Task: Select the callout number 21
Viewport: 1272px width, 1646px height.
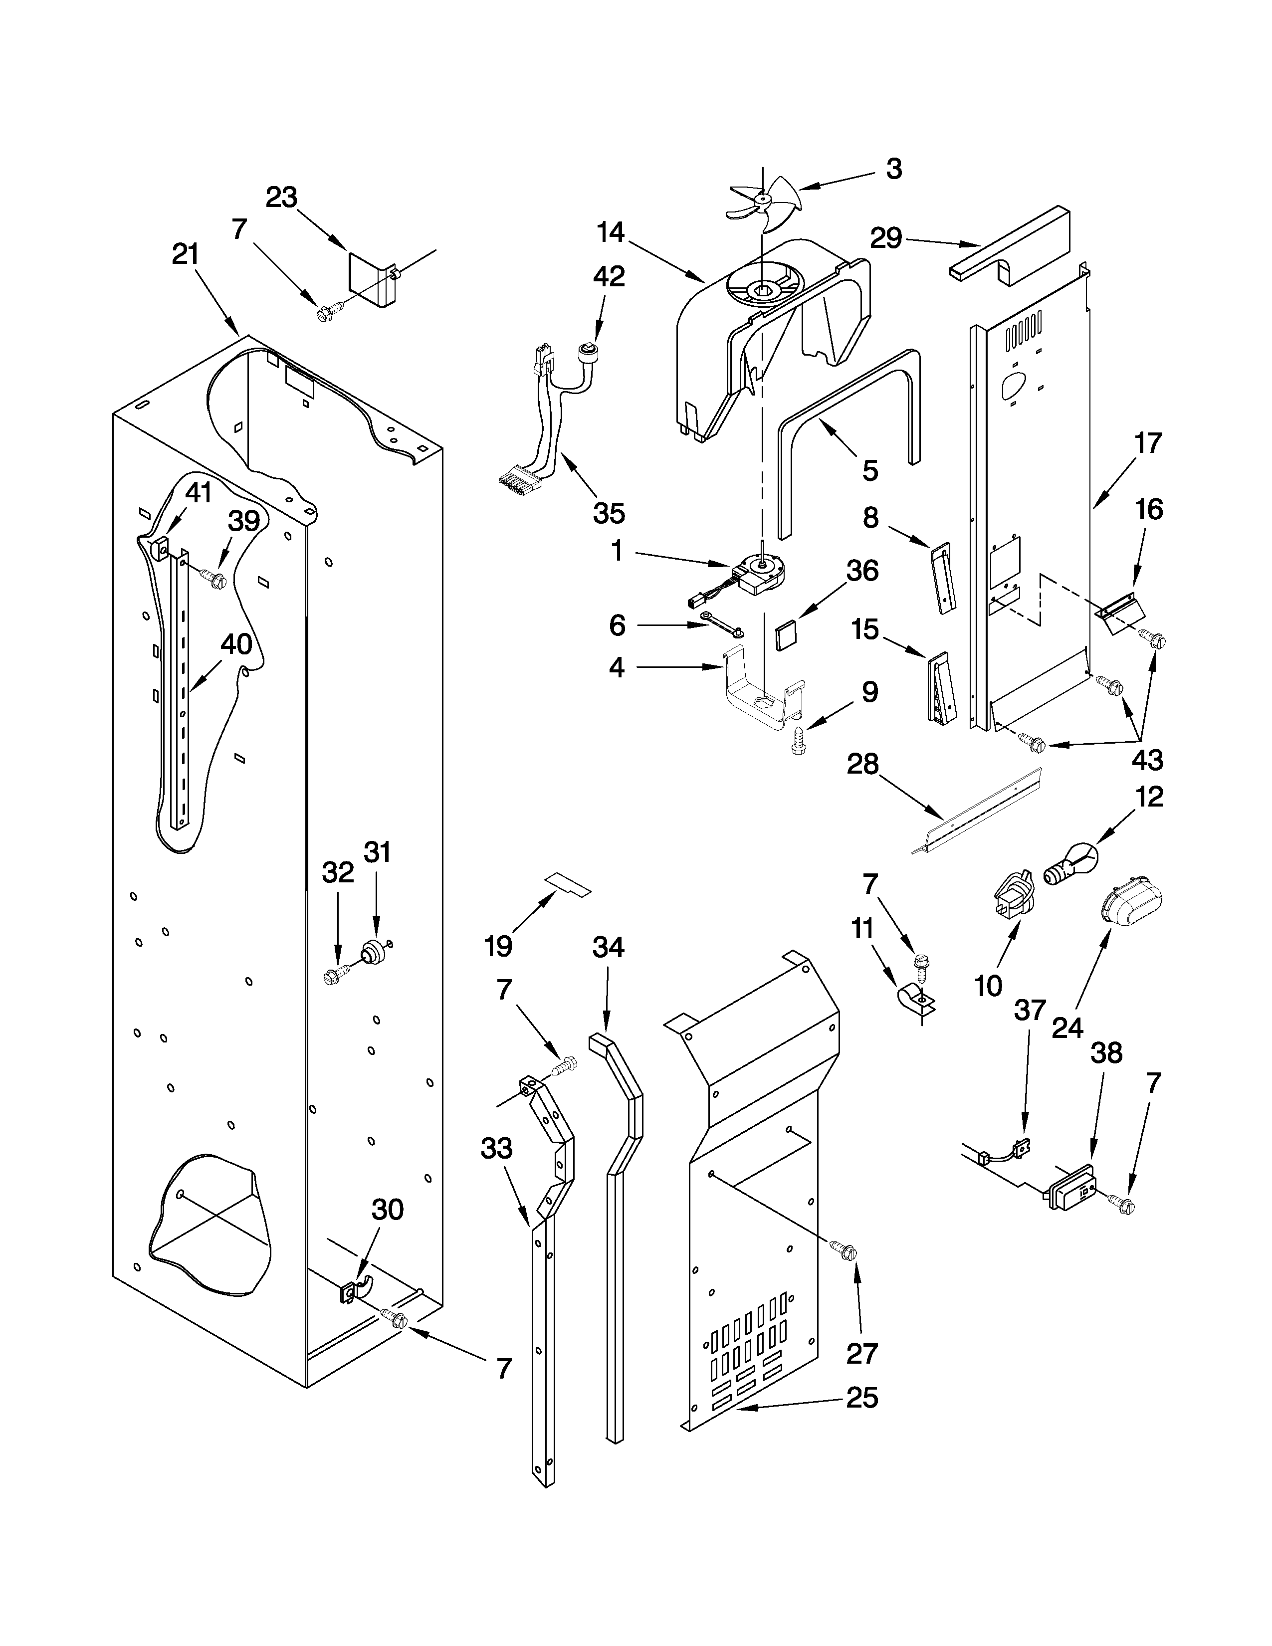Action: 186,255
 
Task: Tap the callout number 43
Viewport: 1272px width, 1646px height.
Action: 1147,760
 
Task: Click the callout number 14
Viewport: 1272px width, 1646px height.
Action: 611,233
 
